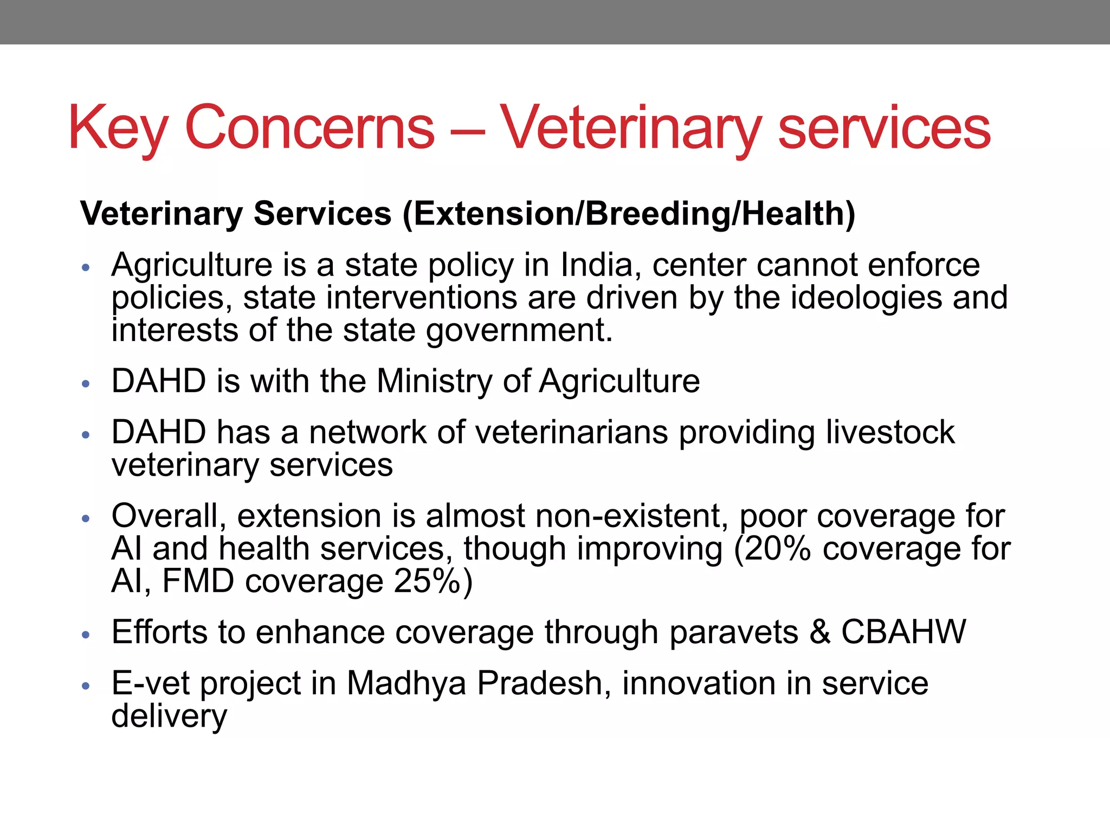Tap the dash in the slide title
point(466,130)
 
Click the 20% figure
point(777,549)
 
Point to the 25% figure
point(428,581)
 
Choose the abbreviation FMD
point(198,581)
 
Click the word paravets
point(734,632)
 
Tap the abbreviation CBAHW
point(903,632)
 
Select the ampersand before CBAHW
point(819,632)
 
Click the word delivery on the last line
point(169,716)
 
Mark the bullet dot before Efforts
point(85,635)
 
